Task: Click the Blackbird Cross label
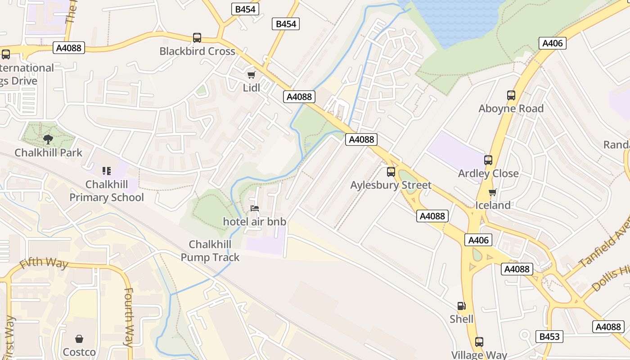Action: tap(197, 51)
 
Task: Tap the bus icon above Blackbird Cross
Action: tap(197, 38)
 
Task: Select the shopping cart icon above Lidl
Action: tap(251, 75)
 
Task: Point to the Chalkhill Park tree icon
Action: tap(48, 139)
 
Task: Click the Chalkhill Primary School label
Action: tap(107, 191)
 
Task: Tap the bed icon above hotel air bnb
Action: tap(255, 208)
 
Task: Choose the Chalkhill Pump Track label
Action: tap(210, 251)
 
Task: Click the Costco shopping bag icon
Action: tap(79, 339)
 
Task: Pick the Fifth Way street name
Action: tap(44, 263)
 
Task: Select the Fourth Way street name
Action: tap(129, 317)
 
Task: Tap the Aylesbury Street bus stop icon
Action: tap(391, 171)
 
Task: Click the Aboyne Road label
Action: tap(511, 108)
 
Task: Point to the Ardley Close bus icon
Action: tap(488, 160)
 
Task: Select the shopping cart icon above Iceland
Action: tap(492, 192)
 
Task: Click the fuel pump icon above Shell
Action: tap(461, 306)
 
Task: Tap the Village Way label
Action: tap(479, 355)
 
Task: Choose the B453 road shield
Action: tap(549, 336)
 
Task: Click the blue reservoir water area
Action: tap(454, 20)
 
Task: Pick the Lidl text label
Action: tap(252, 88)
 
